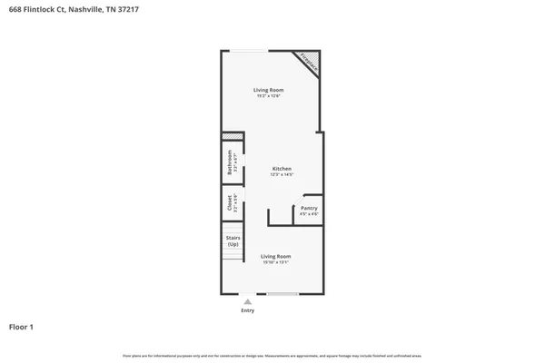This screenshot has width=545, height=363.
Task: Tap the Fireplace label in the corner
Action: (309, 64)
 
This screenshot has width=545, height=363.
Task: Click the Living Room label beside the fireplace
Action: (268, 90)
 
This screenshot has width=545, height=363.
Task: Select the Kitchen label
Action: (282, 169)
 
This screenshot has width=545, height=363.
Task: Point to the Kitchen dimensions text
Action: (282, 174)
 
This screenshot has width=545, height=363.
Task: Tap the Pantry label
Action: (309, 208)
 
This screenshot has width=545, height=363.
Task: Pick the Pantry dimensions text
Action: (309, 214)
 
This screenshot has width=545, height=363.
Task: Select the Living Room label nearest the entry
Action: (275, 257)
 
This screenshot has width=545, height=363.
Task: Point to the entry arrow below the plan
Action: (247, 302)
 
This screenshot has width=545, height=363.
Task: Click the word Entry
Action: (247, 310)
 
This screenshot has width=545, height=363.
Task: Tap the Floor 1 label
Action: (21, 326)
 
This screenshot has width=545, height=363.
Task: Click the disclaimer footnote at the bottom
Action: (272, 356)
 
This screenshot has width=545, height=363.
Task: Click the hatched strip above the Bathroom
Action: (233, 137)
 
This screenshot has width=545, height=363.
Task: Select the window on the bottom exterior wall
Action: (282, 294)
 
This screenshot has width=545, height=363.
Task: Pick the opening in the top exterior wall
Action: (247, 50)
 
